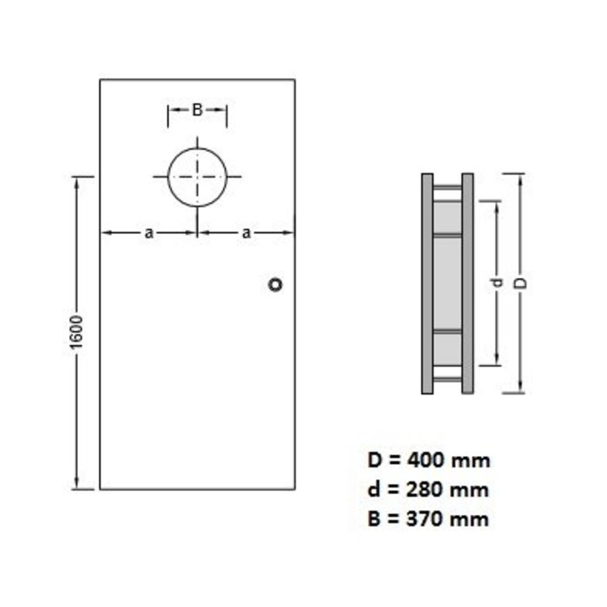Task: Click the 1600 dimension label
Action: click(76, 333)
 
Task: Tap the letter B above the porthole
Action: click(197, 110)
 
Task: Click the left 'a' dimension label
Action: click(149, 232)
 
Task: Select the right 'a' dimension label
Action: click(246, 232)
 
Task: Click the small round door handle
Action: click(277, 284)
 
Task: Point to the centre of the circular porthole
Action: click(198, 177)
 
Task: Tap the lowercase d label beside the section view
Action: click(497, 283)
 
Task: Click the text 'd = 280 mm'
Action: click(428, 489)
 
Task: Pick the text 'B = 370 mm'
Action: click(428, 519)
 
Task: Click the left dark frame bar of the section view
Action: click(428, 284)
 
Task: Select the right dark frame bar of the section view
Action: click(467, 284)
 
